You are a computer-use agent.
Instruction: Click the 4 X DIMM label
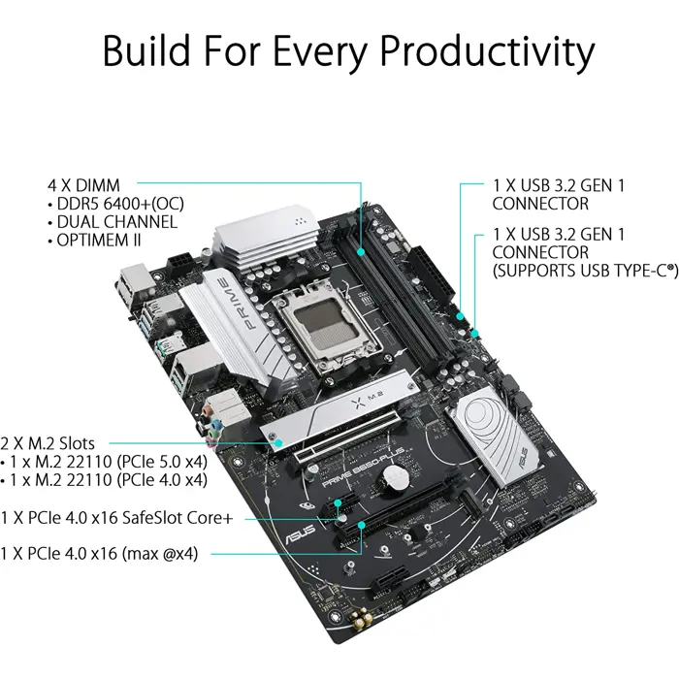tap(88, 184)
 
